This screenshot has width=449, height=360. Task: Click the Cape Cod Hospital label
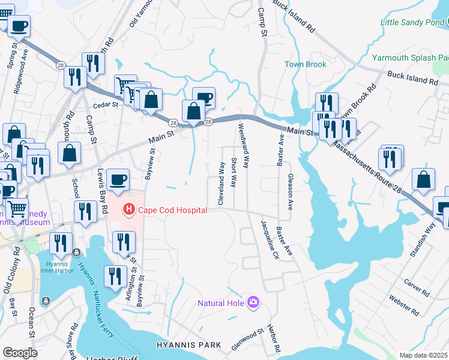point(172,210)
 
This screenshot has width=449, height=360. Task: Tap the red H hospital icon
point(128,210)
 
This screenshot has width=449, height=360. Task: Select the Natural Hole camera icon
point(253,302)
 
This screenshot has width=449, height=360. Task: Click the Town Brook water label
point(305,64)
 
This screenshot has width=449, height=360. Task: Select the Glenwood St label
point(248,339)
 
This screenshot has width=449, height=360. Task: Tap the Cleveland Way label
point(221,183)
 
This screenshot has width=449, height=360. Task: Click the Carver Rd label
point(417,287)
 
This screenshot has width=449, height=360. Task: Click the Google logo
point(20,353)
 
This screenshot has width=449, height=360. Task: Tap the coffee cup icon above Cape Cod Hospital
point(118,179)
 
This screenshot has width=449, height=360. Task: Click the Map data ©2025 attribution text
point(424,355)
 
